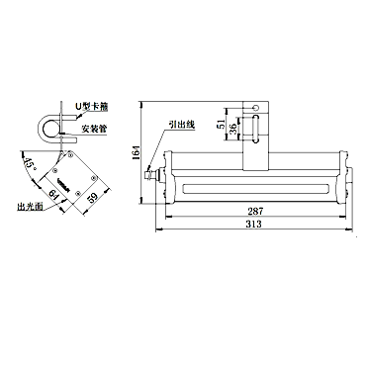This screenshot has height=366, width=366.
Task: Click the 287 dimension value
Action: coord(255,211)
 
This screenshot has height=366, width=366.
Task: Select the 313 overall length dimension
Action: coord(253,224)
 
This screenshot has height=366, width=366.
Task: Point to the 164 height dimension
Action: coord(136,153)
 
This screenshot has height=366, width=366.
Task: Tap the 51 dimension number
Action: coord(223,124)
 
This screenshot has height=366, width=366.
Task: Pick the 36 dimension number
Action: coord(232,128)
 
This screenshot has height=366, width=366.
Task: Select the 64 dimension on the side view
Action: coord(52,194)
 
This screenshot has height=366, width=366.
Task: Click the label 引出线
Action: coord(182,125)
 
